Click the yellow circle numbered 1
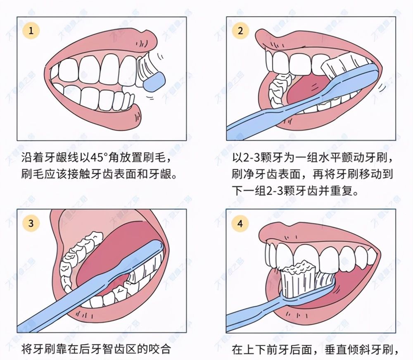31,31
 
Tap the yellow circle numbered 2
241,31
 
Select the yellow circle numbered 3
31,224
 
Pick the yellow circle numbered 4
241,224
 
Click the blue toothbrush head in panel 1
156,81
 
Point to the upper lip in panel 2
314,39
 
